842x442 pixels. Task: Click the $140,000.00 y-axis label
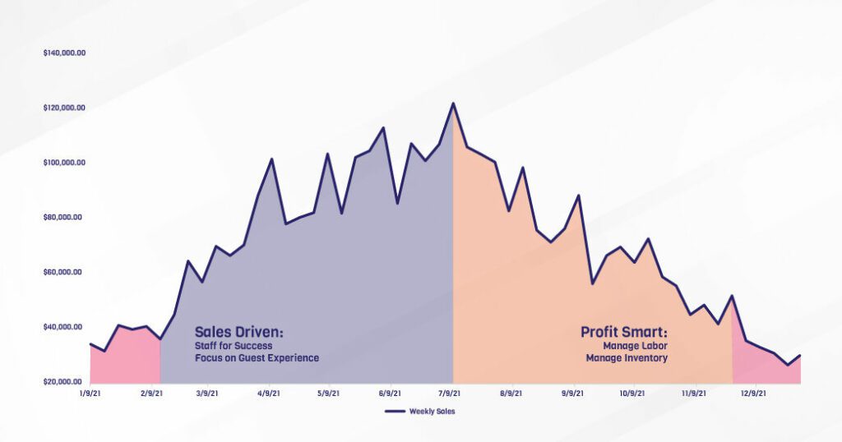64,53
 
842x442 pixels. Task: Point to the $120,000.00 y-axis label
64,108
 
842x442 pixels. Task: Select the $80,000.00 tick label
64,218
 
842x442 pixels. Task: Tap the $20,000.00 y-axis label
64,382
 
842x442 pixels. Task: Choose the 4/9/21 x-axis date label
268,394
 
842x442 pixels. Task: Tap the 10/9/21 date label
632,394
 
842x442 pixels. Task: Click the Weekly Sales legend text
432,412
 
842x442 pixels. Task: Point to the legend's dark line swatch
396,412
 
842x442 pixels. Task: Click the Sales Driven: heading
238,333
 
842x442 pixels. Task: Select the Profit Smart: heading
624,333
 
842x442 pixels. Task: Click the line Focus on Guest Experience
257,358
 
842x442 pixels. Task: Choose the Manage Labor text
638,347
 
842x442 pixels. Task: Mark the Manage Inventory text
627,358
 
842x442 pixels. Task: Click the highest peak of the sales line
453,104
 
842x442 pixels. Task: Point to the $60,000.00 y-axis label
64,272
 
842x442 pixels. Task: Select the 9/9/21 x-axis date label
572,394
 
